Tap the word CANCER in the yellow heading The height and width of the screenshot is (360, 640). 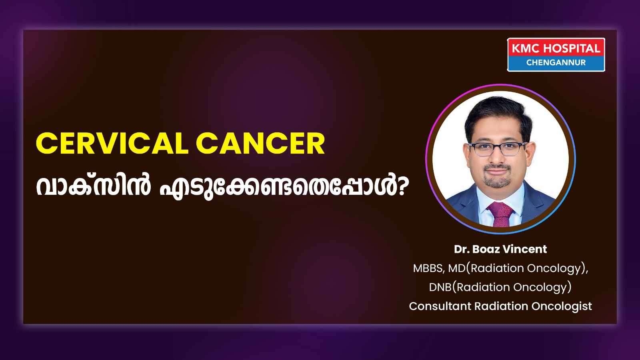(260, 144)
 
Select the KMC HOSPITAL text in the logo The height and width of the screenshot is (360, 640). (556, 48)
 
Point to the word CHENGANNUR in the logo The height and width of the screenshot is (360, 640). (556, 62)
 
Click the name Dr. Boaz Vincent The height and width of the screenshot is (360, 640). (500, 249)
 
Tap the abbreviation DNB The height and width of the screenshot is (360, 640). (440, 287)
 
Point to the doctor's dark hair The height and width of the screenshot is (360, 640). (498, 113)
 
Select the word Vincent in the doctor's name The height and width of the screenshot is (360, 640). (524, 249)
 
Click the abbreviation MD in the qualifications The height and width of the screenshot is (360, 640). (456, 268)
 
